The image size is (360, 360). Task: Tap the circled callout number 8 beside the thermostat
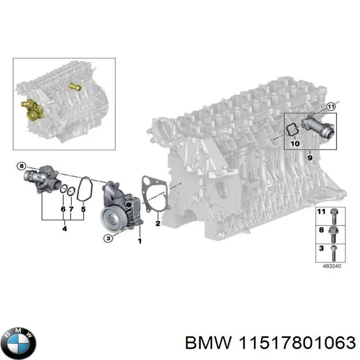tap(21, 166)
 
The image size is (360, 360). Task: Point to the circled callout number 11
tap(331, 107)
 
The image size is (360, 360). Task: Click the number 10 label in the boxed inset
tap(294, 144)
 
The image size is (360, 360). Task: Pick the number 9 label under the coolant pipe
tap(310, 157)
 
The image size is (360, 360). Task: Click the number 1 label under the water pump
tap(139, 241)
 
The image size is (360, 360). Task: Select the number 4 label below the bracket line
tap(64, 229)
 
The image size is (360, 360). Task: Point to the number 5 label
tap(83, 209)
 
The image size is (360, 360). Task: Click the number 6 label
tap(63, 209)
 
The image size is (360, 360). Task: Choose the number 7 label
tap(71, 209)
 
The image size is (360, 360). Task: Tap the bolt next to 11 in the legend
tap(333, 215)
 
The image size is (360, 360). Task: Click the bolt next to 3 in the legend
tap(333, 251)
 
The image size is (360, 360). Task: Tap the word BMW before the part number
tap(201, 343)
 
